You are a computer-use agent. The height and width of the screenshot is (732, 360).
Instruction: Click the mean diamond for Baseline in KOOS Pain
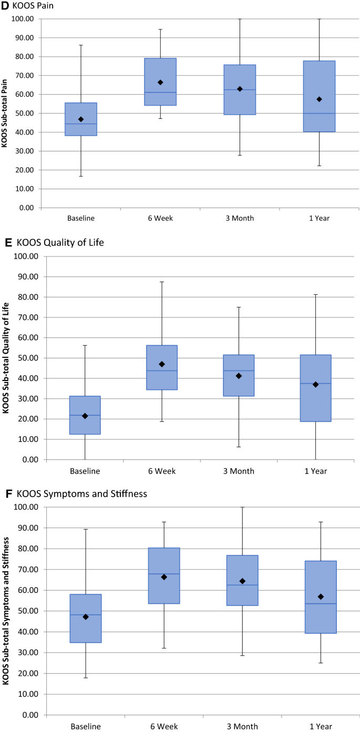(x=81, y=119)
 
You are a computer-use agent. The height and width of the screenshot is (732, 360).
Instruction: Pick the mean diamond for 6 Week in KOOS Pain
(x=160, y=83)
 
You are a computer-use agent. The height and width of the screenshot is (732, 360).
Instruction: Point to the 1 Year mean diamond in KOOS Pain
(x=319, y=99)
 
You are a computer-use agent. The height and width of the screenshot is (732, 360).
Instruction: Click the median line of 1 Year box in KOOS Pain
(x=319, y=114)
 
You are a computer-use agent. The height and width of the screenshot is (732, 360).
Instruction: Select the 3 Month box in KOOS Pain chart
(x=240, y=89)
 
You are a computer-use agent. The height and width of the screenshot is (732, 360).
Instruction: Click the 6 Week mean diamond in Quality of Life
(x=162, y=364)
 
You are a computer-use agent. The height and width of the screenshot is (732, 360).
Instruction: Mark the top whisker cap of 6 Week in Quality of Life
(x=162, y=282)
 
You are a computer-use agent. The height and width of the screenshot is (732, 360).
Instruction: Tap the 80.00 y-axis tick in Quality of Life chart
(x=29, y=297)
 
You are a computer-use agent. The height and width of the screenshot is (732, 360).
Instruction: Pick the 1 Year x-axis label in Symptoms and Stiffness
(x=321, y=727)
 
